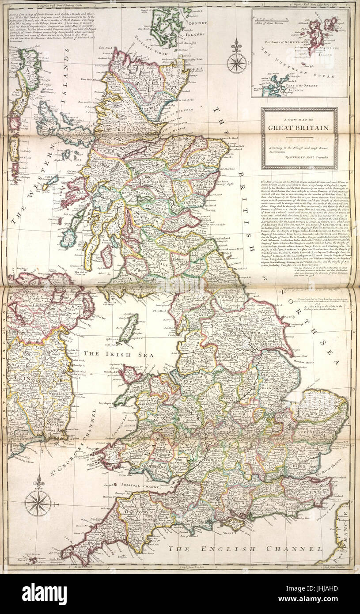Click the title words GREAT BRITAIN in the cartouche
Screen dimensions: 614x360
pos(299,128)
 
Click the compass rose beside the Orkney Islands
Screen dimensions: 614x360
pos(237,62)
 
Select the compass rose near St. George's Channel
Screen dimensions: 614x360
pos(38,503)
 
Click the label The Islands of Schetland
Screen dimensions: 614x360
pos(288,42)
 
